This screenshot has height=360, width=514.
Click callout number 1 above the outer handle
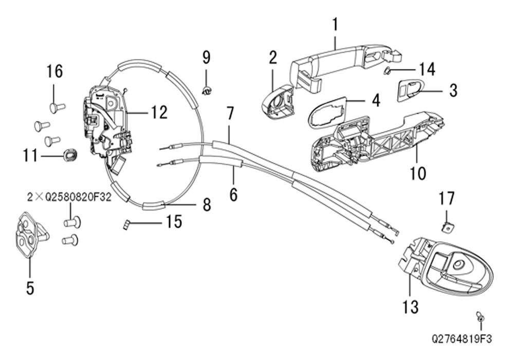pos(335,25)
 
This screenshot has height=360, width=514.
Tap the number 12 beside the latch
pos(159,112)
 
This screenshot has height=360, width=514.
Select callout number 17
pos(447,199)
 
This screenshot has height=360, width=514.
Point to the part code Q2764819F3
pos(462,339)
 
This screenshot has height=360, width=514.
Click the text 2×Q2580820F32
pos(69,197)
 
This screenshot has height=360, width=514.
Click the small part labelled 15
pos(125,225)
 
